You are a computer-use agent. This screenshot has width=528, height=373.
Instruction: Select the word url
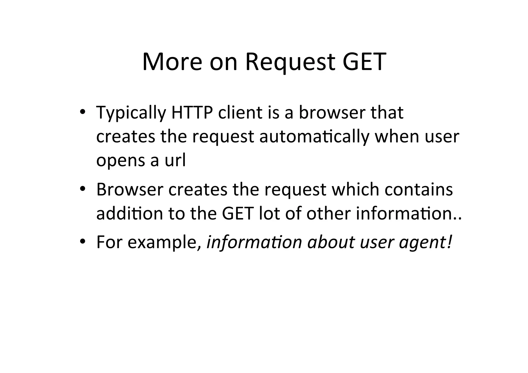[x=175, y=160]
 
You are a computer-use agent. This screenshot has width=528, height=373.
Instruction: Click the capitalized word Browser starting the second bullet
[x=130, y=189]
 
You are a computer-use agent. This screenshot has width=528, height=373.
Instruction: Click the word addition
[x=129, y=214]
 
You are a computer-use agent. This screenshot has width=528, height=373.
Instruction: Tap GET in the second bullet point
[x=237, y=214]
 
